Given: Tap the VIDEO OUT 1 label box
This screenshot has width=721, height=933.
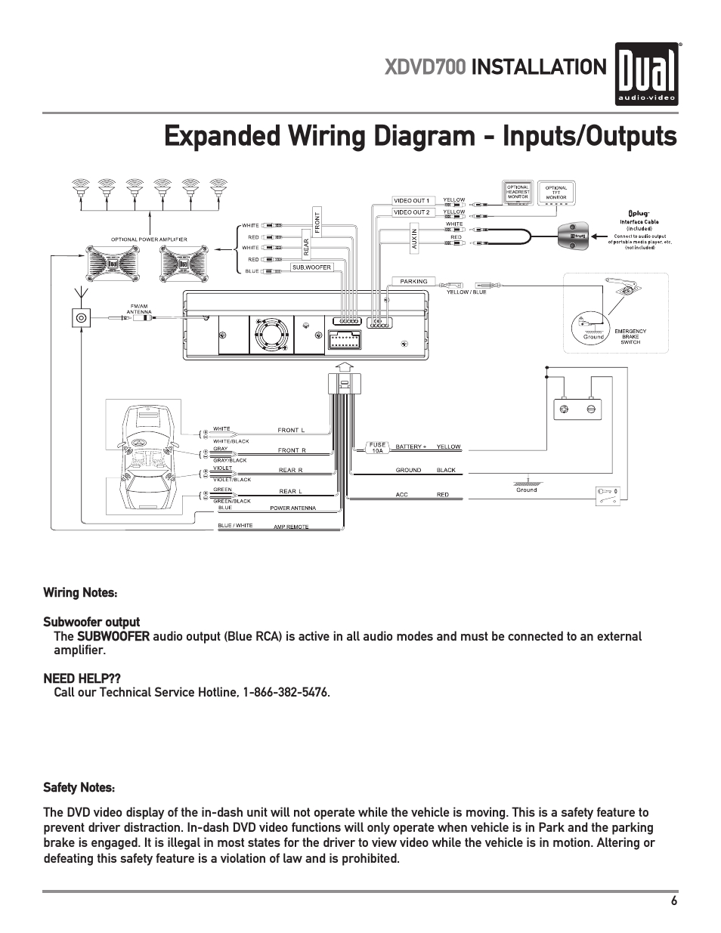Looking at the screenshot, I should pos(411,200).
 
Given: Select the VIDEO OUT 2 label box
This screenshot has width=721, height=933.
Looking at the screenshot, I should pos(411,212).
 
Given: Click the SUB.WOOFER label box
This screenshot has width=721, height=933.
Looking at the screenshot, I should pos(312,267).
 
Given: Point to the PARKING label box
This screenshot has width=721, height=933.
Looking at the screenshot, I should pos(413,281).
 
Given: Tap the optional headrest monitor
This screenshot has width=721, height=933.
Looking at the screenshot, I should pos(518,191).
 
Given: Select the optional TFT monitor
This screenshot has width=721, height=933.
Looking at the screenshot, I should pos(556,192).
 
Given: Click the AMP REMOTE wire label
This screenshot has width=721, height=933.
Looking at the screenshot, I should pos(291,527).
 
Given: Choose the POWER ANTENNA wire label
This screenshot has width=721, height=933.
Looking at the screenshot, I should pos(293,508).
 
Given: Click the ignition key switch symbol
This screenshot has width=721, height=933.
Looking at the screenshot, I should pos(608,496).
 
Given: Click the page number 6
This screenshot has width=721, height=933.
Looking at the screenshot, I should pos(673,901).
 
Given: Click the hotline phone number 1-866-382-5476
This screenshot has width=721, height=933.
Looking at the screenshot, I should pos(286,693).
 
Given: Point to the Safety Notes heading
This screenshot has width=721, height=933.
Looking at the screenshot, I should pos(79,788).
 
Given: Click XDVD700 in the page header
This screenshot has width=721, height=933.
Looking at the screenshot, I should pos(425,67).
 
